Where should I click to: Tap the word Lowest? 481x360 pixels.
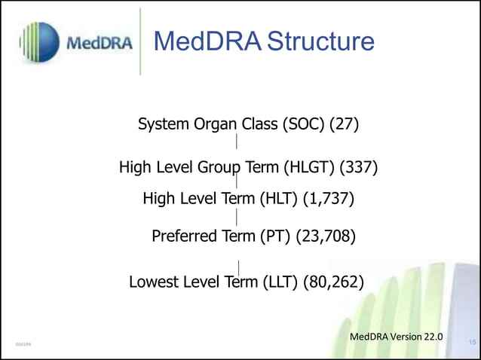point(155,282)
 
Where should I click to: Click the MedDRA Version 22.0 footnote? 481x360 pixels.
point(397,336)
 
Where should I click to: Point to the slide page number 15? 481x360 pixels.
point(473,343)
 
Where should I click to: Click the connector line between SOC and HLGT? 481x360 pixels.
point(237,141)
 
